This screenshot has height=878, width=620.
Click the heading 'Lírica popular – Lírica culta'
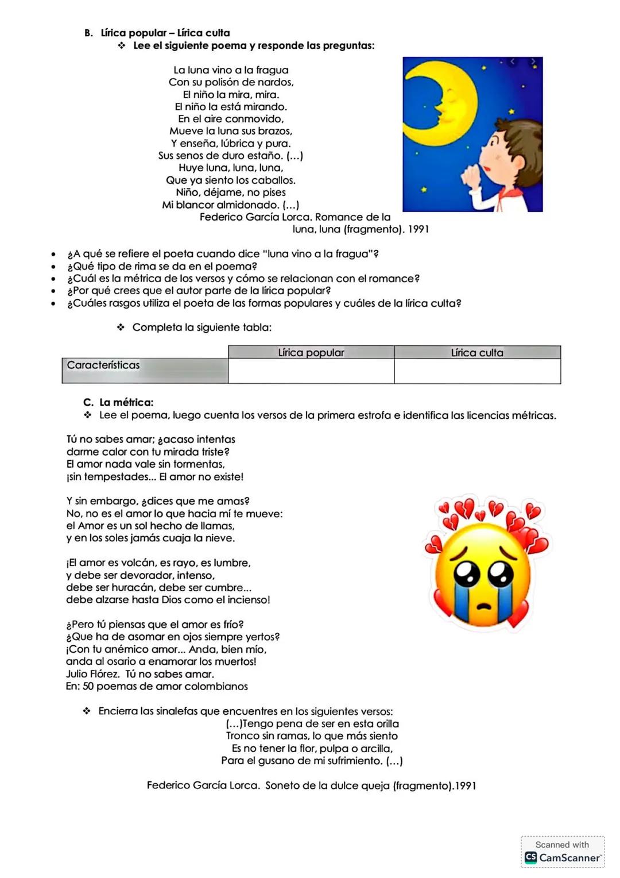coord(165,33)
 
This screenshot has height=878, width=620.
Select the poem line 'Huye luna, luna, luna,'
coord(230,168)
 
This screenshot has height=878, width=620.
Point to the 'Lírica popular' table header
coord(311,352)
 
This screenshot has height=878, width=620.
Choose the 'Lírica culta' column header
coord(477,352)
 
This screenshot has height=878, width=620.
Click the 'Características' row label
coord(103,365)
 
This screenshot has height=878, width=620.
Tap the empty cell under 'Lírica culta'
coord(477,371)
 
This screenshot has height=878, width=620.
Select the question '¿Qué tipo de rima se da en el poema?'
coord(162,266)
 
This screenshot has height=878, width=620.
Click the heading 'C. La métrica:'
coord(119,402)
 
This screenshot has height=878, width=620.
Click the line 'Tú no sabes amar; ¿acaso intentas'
coord(151,439)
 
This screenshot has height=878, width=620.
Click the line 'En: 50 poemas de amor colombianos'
coord(157,686)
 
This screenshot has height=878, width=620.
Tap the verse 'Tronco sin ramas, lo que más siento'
coord(312,735)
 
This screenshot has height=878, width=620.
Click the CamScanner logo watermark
coord(562,857)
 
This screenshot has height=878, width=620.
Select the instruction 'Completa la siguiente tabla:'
coord(201,327)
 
